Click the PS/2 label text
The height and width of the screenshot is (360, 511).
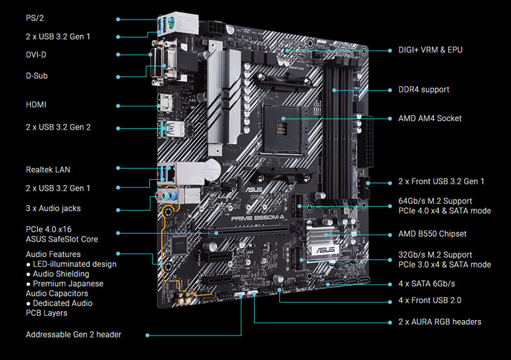tap(34, 18)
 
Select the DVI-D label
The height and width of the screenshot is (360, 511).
tap(36, 55)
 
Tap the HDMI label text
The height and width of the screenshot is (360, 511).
tap(36, 104)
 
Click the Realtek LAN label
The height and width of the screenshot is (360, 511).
tap(48, 169)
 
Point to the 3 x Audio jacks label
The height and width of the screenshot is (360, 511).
tap(53, 209)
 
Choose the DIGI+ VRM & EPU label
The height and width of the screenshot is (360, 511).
tap(430, 50)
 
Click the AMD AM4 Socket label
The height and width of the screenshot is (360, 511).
tap(430, 118)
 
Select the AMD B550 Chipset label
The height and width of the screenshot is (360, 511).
tap(432, 234)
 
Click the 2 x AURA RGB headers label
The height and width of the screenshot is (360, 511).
tap(440, 322)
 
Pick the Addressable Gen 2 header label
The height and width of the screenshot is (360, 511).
tap(73, 335)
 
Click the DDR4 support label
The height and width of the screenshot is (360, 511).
tap(423, 90)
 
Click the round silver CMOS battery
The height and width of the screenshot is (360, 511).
tap(211, 169)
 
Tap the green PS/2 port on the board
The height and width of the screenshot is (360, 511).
tap(171, 24)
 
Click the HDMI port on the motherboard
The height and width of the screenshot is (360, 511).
tap(164, 104)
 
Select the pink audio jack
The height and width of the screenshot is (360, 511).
tap(159, 195)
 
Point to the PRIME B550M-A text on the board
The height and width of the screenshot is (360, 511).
tap(258, 218)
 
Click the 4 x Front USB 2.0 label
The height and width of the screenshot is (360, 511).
tap(430, 300)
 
